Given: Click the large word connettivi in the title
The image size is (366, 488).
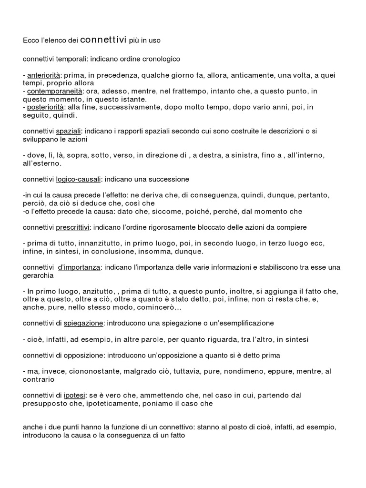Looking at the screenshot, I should [x=103, y=41].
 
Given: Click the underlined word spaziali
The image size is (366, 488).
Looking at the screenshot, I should [x=69, y=131].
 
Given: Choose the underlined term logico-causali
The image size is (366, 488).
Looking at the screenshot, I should [x=78, y=179].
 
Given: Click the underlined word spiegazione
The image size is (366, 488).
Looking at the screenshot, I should [x=83, y=323].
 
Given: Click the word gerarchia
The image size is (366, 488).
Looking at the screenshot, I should [x=39, y=275].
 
